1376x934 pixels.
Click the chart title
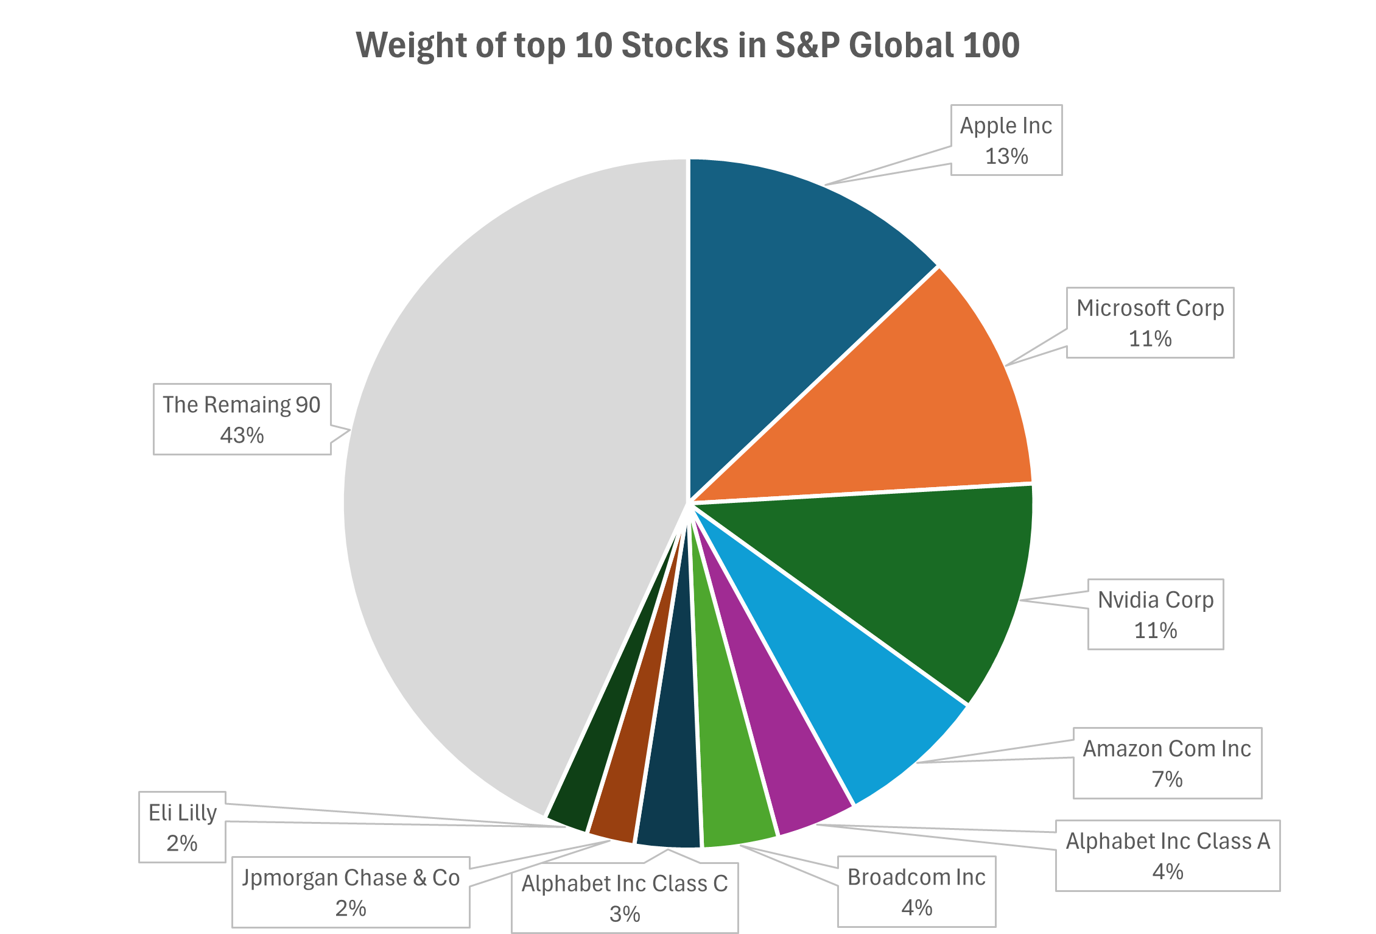click(x=687, y=45)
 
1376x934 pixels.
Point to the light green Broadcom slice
click(x=731, y=785)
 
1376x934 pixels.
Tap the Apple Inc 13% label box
click(x=1006, y=140)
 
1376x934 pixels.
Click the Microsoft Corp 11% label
click(x=1150, y=323)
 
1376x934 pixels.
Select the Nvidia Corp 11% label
click(x=1156, y=614)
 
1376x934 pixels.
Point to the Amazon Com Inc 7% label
click(x=1167, y=763)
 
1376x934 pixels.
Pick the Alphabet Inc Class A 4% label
click(x=1168, y=855)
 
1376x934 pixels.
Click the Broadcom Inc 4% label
click(x=916, y=892)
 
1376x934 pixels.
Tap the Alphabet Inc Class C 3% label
click(x=625, y=898)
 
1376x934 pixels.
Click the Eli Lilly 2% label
click(x=183, y=827)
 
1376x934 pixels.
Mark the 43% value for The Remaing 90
click(x=242, y=435)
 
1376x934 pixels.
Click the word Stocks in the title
click(x=675, y=45)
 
